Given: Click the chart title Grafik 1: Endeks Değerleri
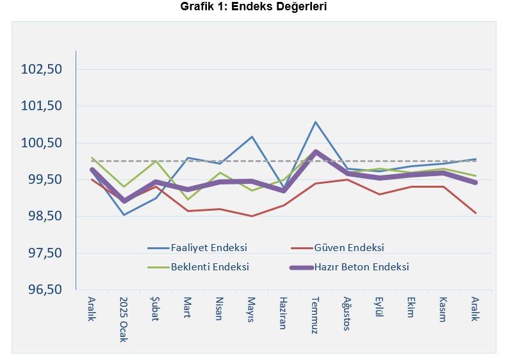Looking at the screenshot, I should coord(254,8).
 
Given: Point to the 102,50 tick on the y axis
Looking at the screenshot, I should coord(42,69).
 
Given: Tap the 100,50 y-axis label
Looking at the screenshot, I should coord(42,143).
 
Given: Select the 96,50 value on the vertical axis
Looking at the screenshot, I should coord(42,290).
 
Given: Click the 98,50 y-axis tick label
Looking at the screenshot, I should coord(42,217).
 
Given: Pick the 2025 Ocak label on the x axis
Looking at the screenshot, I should coord(124,318).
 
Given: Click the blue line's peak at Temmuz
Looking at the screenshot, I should coord(316,122).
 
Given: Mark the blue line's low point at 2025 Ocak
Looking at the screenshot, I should coord(124,215).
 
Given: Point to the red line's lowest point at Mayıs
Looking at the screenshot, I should coord(252,216).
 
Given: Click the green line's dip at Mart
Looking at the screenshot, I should coord(188,199).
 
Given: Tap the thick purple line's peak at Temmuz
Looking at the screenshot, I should coord(316,152).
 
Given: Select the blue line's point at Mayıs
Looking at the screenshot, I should coord(252,136).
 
